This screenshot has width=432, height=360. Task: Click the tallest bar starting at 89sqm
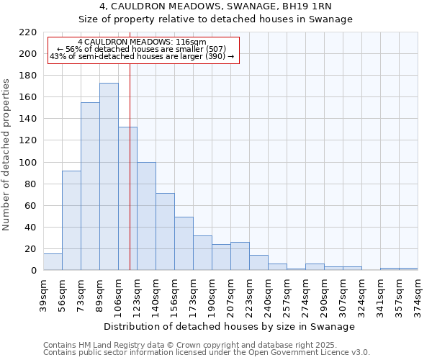tap(109, 176)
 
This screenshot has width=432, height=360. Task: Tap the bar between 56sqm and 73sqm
tap(71, 220)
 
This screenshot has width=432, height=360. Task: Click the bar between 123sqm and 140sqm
tap(146, 216)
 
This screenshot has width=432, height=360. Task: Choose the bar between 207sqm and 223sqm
tap(240, 256)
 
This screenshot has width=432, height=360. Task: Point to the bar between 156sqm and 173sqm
tap(184, 243)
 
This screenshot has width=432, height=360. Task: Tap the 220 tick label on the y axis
tap(27, 32)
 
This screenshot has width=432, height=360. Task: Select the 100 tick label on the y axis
tap(27, 163)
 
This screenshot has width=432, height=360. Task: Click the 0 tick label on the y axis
tap(33, 271)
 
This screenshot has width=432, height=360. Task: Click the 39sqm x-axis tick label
tap(43, 295)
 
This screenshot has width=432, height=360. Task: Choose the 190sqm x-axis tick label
tap(212, 295)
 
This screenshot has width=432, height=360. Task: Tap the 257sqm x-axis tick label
tap(287, 295)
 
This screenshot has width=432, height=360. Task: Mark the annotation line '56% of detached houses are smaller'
tap(142, 49)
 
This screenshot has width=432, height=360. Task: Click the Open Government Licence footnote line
tap(207, 353)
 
